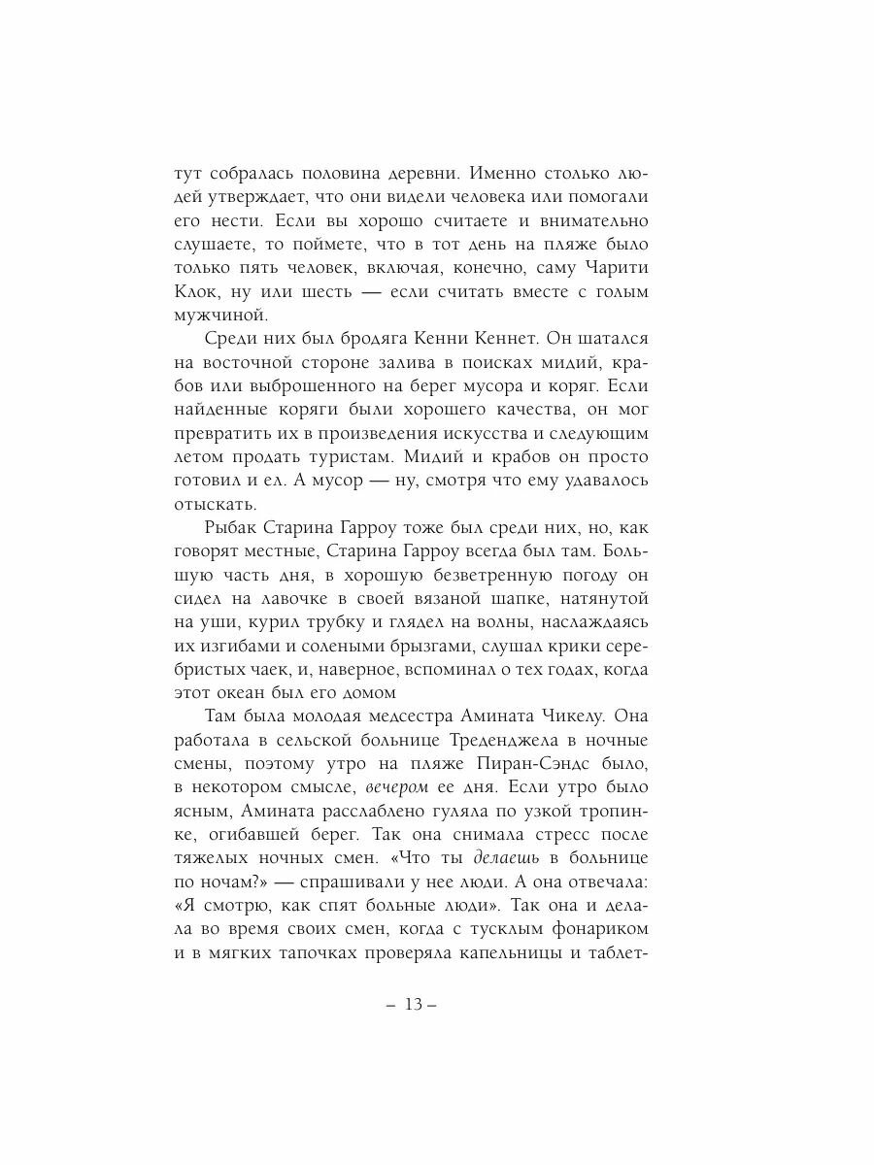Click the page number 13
[413, 1005]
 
